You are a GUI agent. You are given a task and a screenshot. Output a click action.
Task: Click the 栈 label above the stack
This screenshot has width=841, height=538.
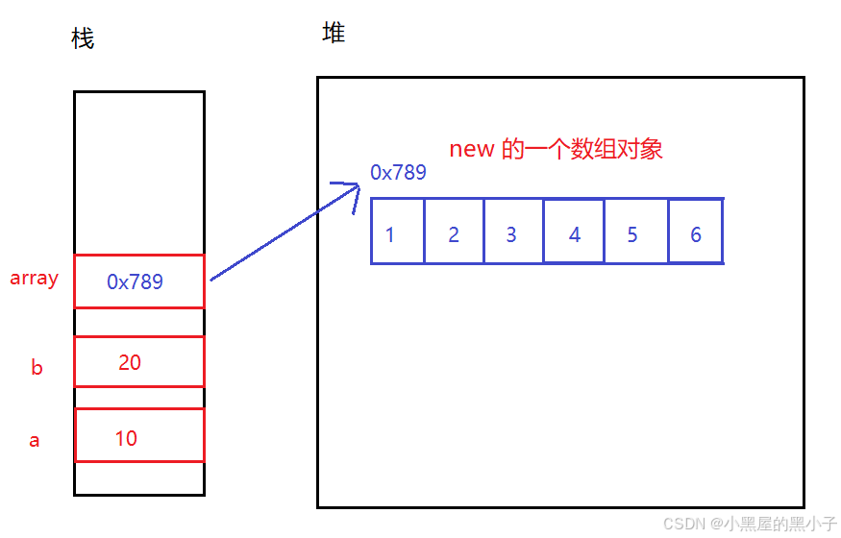tap(83, 39)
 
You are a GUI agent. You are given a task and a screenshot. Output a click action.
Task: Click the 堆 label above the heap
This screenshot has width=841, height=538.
tap(334, 34)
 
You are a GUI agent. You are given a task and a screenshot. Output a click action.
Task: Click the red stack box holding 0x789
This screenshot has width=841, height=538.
tap(139, 281)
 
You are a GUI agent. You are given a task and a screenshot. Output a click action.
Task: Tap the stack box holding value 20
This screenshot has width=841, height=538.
tap(139, 361)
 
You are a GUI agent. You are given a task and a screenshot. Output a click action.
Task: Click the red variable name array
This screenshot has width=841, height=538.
tap(35, 279)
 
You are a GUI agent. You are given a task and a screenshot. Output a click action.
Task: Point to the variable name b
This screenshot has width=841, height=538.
tap(37, 367)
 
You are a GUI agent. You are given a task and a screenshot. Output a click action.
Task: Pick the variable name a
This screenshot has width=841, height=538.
tap(35, 441)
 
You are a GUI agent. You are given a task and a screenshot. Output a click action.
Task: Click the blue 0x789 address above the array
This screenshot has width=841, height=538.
tap(398, 173)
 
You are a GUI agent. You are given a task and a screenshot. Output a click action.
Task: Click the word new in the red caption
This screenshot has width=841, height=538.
tap(471, 150)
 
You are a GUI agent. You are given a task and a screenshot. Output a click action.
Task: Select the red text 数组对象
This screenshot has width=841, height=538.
tap(616, 150)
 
